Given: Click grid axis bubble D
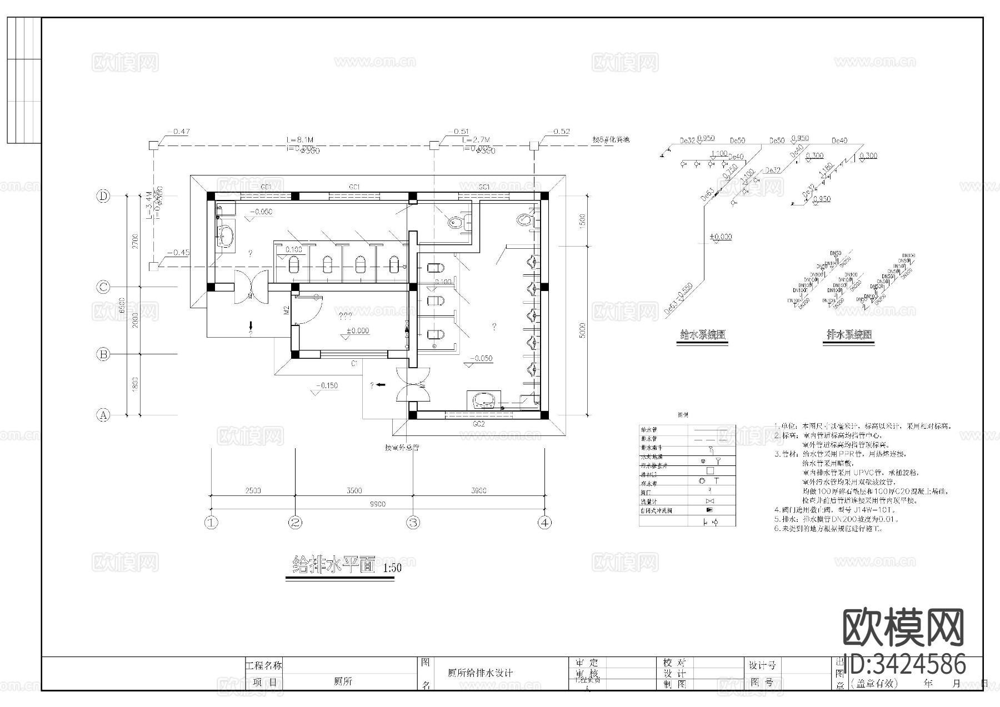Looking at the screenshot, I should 103,196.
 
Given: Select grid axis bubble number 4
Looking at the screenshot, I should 545,523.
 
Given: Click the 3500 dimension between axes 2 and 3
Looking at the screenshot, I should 353,490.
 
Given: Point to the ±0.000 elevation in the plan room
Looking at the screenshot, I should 357,331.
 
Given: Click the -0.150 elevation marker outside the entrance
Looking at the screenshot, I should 327,385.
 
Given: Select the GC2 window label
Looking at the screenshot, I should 479,424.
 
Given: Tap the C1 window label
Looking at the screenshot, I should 353,363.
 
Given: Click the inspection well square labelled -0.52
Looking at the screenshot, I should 533,146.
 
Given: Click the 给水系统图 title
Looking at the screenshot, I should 703,335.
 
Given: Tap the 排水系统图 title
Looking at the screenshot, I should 849,335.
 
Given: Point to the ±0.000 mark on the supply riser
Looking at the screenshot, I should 721,237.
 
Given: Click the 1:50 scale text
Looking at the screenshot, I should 392,568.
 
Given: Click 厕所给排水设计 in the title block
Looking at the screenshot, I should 480,673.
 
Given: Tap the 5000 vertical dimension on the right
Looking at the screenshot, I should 582,330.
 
